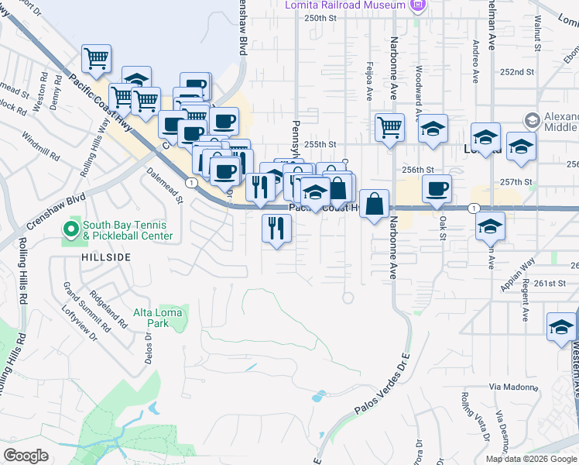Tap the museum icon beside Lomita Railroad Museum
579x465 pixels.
click(418, 5)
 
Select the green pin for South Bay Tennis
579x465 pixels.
click(70, 229)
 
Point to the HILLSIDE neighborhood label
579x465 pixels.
click(104, 256)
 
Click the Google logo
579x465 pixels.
click(26, 456)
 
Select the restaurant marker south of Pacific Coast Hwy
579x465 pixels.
click(276, 228)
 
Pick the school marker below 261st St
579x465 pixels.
click(561, 326)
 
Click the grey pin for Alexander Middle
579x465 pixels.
click(532, 120)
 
